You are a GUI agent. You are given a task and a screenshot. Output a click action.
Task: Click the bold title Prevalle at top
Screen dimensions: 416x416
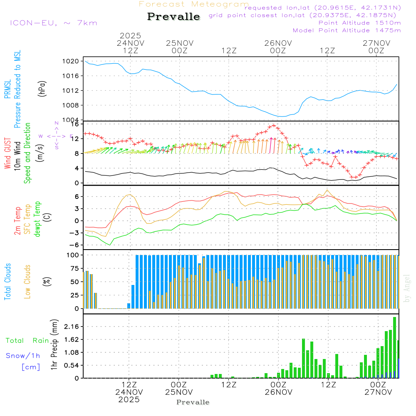click(173, 17)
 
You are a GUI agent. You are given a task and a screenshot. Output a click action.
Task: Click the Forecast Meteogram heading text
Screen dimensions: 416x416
click(194, 4)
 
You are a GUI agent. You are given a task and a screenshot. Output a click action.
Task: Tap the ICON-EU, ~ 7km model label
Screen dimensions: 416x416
click(53, 23)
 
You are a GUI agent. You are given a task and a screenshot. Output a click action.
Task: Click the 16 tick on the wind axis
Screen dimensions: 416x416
click(74, 124)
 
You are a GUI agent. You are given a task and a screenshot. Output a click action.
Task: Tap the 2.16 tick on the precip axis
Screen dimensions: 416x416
click(72, 327)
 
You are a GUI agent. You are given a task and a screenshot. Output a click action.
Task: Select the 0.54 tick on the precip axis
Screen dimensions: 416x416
click(72, 365)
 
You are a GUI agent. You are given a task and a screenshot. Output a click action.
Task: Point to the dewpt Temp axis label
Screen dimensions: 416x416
click(38, 219)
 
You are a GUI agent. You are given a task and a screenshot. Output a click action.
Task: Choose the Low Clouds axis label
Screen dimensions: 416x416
click(28, 282)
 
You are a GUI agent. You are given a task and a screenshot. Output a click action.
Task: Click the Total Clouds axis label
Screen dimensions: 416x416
click(8, 282)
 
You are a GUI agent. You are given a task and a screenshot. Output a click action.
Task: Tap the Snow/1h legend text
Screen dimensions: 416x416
click(23, 356)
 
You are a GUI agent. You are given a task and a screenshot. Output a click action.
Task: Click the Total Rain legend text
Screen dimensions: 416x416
click(27, 341)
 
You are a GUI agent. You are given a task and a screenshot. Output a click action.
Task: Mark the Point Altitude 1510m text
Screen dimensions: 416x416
click(359, 23)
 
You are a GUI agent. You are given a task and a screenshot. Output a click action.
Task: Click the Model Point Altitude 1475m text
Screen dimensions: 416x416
click(347, 30)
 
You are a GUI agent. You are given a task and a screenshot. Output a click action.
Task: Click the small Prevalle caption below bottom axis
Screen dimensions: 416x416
click(193, 402)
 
